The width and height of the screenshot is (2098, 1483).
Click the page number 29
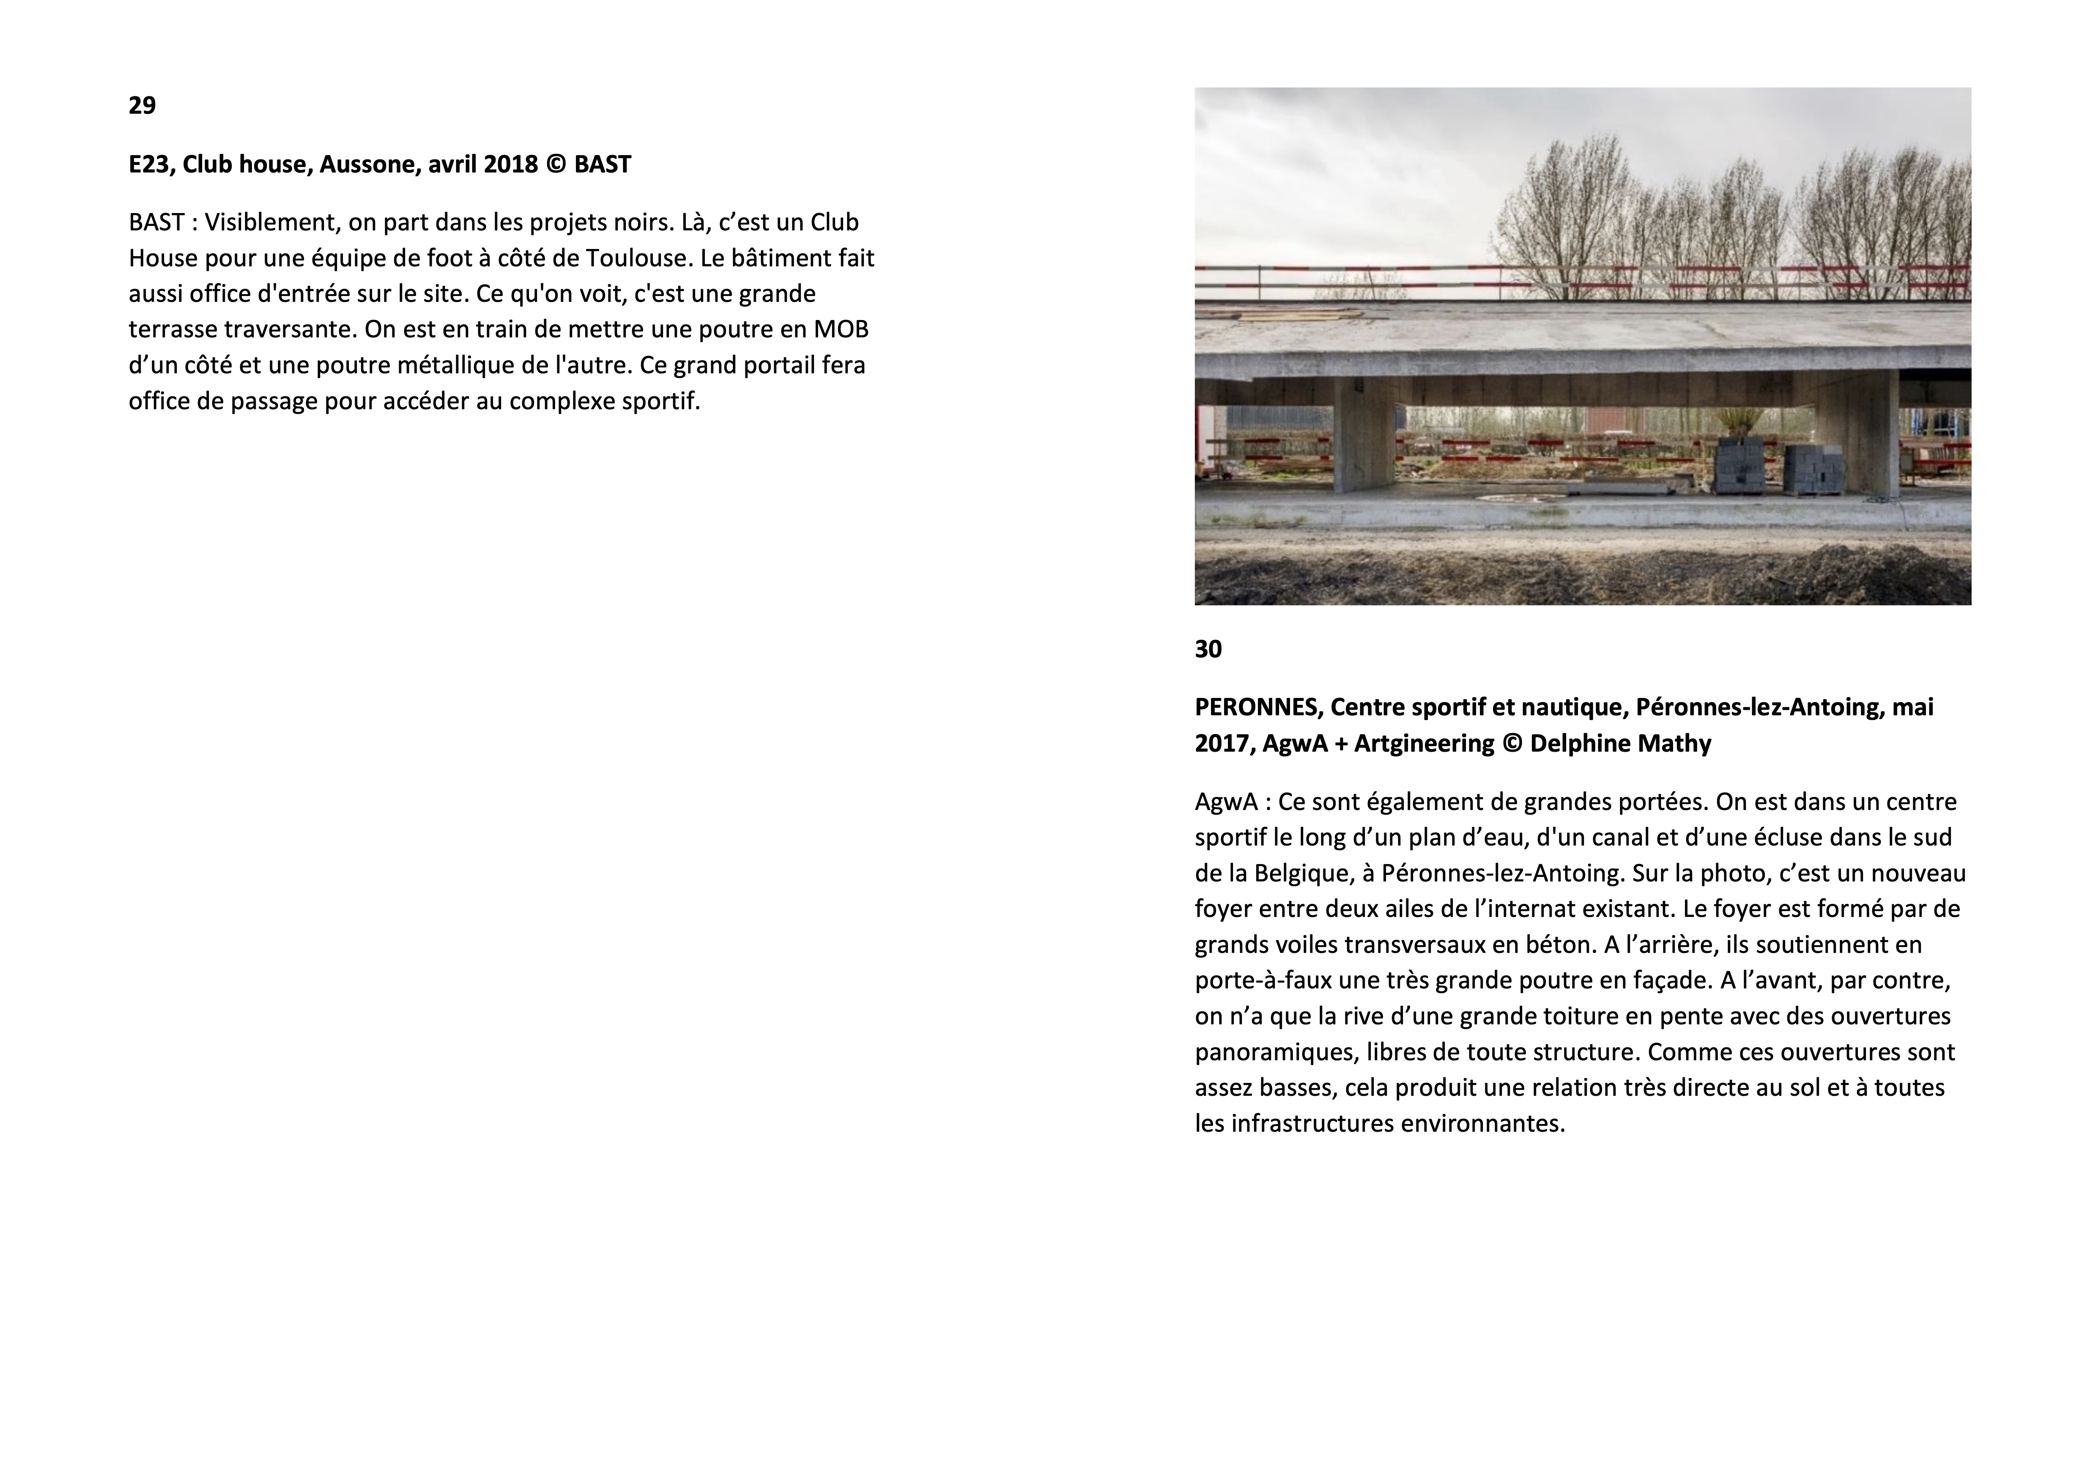coord(142,106)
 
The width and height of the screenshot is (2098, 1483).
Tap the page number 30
coord(1208,650)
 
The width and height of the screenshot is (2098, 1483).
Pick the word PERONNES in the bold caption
coord(1255,707)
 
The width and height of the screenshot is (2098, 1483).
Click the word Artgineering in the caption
coord(1424,744)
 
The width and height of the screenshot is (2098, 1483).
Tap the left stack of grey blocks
coord(1741,466)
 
